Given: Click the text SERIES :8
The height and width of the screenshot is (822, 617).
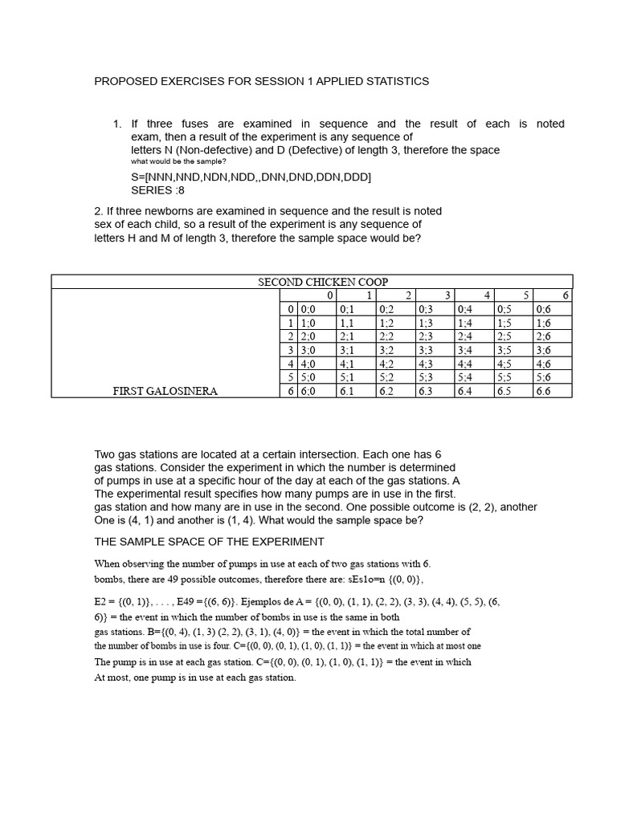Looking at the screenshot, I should [157, 190].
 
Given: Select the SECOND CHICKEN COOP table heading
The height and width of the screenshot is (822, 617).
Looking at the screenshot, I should [322, 282].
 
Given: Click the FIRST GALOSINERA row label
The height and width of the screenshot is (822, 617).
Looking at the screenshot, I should [165, 391].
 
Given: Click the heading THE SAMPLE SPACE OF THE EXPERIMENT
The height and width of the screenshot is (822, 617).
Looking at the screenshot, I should [209, 541].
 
